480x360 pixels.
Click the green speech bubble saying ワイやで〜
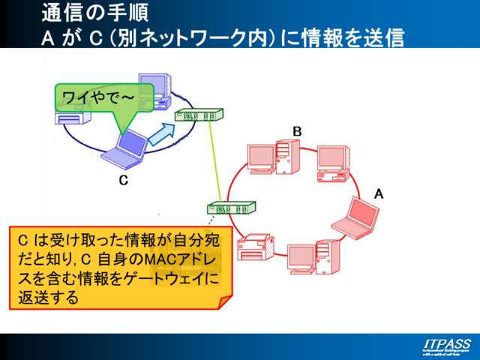pyautogui.click(x=103, y=97)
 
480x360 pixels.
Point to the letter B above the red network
pyautogui.click(x=297, y=131)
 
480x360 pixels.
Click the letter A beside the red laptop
pyautogui.click(x=379, y=193)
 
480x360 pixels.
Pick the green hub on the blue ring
pyautogui.click(x=198, y=115)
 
